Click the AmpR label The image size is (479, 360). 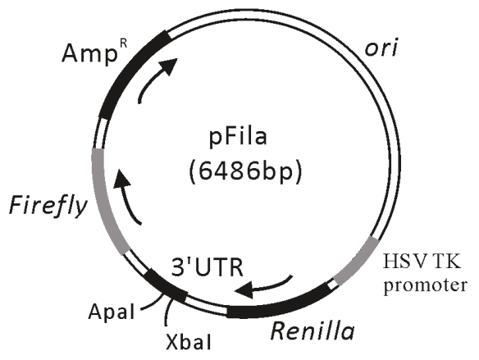[94, 52]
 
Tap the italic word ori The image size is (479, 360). [381, 48]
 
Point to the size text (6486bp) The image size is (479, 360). [246, 171]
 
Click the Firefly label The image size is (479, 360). [48, 204]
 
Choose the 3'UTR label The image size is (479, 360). [208, 267]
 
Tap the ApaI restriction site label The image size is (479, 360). [112, 312]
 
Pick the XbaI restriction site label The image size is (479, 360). [188, 341]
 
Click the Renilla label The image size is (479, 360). [312, 331]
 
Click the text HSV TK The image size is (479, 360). [422, 262]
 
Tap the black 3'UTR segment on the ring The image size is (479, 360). [165, 286]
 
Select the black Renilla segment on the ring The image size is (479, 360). [280, 304]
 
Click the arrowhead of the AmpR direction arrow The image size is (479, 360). [167, 66]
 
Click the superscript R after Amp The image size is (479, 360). [123, 43]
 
